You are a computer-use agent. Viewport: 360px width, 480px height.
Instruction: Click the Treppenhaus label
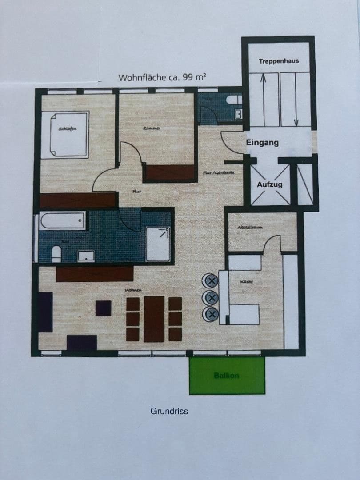[279, 61]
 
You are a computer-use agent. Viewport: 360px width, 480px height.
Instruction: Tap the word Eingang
[262, 143]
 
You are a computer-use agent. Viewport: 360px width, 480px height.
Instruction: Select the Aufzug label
[269, 184]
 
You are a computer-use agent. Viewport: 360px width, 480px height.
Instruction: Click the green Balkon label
[227, 376]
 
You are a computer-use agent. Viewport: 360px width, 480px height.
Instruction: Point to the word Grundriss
[169, 411]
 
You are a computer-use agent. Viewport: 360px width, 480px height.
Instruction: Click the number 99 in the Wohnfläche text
[187, 77]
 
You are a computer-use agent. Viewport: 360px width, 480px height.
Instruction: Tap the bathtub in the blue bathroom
[62, 220]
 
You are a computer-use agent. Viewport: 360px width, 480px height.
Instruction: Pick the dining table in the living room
[154, 319]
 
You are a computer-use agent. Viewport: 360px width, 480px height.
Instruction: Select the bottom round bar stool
[211, 314]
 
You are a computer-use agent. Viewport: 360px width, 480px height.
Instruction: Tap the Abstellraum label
[250, 227]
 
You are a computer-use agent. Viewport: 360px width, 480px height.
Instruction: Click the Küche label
[246, 282]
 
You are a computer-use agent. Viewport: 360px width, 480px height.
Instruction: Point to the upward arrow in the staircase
[263, 98]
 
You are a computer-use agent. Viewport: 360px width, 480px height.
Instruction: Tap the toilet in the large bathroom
[56, 254]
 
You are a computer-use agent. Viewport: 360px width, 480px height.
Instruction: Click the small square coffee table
[103, 308]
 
